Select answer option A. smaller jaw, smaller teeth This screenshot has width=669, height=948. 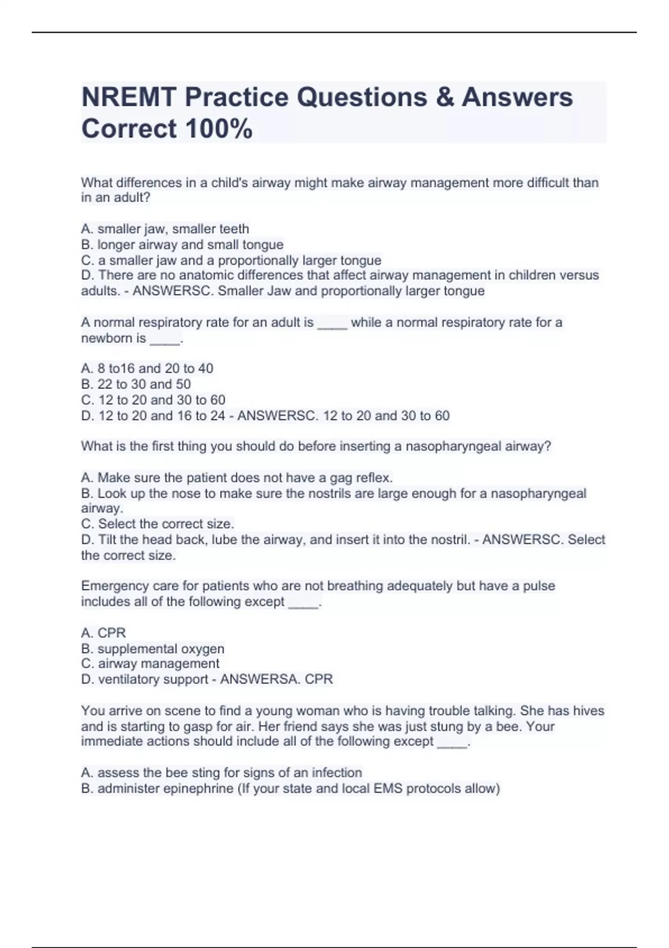point(165,229)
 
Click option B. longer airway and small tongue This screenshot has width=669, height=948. point(182,244)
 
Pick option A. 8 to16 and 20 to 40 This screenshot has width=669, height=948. point(147,368)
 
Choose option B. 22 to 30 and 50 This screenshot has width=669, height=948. point(136,384)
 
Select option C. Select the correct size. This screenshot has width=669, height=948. point(158,524)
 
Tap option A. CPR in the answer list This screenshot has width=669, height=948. point(104,632)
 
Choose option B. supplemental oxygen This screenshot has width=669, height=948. point(153,649)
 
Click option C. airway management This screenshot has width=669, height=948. point(151,664)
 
